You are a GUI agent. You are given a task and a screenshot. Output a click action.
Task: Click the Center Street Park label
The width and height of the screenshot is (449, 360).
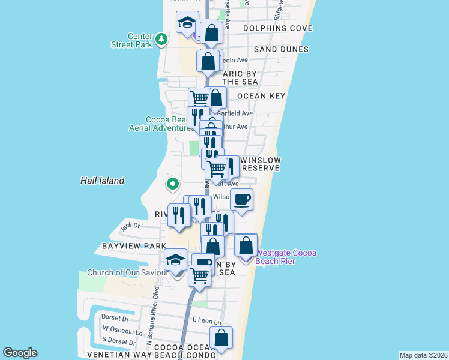(x=132, y=40)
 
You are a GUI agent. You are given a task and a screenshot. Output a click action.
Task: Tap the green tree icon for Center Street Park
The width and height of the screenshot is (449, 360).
(x=161, y=40)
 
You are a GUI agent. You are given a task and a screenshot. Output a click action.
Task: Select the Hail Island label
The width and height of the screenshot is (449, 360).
(x=103, y=181)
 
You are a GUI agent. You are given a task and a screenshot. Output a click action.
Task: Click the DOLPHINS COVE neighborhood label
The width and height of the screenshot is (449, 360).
(x=277, y=28)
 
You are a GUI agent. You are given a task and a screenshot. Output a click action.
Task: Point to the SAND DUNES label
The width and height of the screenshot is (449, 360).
(x=281, y=49)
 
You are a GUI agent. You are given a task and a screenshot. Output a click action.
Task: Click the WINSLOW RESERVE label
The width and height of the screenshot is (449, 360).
(x=260, y=164)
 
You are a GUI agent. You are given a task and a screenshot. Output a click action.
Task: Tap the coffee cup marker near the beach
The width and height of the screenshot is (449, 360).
(x=241, y=200)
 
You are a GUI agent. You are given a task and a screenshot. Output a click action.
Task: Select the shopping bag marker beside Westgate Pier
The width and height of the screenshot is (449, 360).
(x=246, y=245)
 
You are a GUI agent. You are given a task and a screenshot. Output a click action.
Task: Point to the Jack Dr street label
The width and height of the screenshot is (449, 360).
(x=130, y=226)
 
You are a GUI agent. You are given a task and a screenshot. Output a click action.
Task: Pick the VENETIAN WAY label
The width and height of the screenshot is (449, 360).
(x=118, y=355)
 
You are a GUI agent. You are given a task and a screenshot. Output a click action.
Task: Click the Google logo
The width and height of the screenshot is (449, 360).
(x=20, y=353)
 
